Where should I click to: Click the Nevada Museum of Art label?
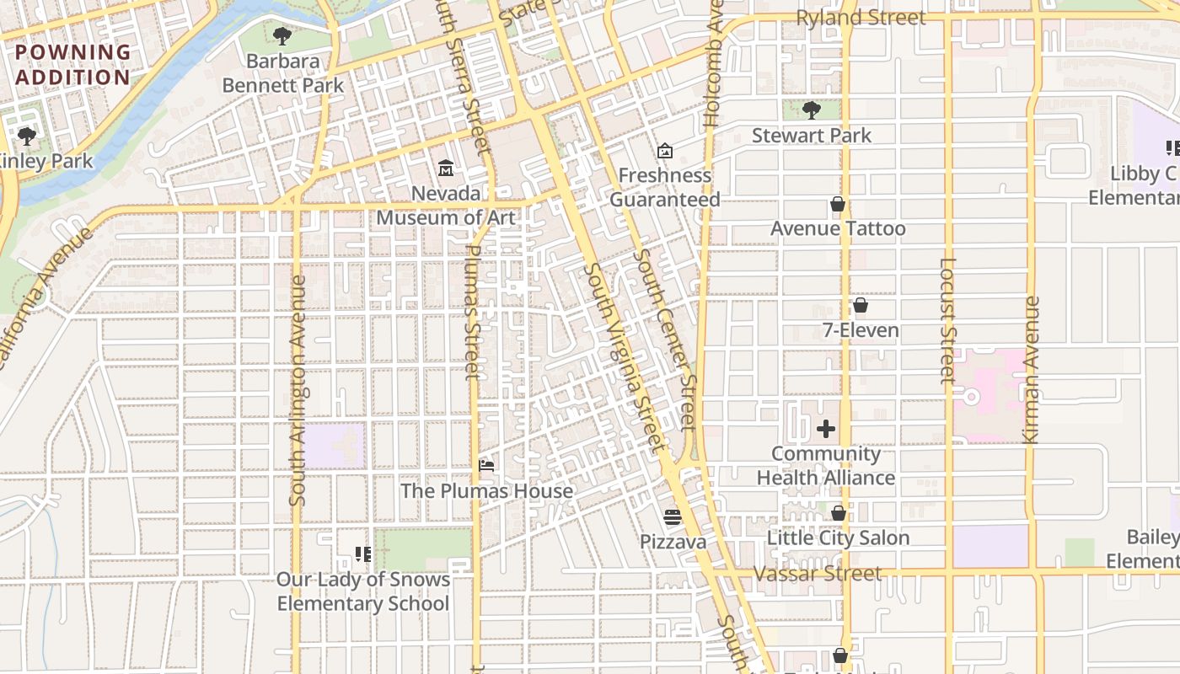pyautogui.click(x=445, y=206)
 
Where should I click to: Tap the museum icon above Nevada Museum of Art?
pyautogui.click(x=446, y=168)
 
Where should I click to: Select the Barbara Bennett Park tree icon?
pyautogui.click(x=282, y=36)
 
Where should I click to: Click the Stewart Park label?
pyautogui.click(x=811, y=136)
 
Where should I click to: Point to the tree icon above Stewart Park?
pyautogui.click(x=812, y=110)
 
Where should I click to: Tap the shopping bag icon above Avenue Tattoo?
pyautogui.click(x=838, y=204)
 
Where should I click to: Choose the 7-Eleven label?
pyautogui.click(x=861, y=330)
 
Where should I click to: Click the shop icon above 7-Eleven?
pyautogui.click(x=861, y=305)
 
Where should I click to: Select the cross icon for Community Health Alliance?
pyautogui.click(x=826, y=429)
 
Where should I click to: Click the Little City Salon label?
pyautogui.click(x=838, y=538)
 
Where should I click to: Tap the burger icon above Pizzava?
pyautogui.click(x=673, y=516)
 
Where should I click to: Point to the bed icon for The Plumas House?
pyautogui.click(x=486, y=465)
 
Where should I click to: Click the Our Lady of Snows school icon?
pyautogui.click(x=363, y=554)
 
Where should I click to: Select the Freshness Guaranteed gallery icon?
pyautogui.click(x=665, y=151)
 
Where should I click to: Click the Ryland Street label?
pyautogui.click(x=861, y=18)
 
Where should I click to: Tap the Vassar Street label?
pyautogui.click(x=818, y=574)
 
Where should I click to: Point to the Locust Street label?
pyautogui.click(x=947, y=320)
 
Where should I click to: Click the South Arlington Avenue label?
pyautogui.click(x=297, y=391)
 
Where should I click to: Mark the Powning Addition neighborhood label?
pyautogui.click(x=73, y=65)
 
